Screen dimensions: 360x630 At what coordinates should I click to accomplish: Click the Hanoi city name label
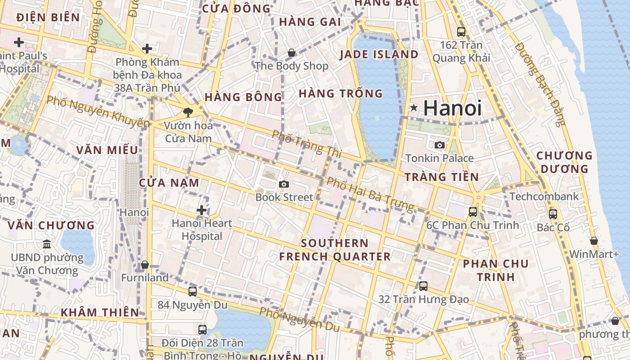[x=452, y=108]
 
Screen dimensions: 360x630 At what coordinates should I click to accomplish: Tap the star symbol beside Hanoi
[x=414, y=108]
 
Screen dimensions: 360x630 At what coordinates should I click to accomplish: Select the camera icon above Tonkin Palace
[x=440, y=145]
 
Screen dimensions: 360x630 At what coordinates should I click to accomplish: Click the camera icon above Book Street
[x=284, y=184]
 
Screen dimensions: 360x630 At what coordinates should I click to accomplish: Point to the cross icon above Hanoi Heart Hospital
[x=202, y=210]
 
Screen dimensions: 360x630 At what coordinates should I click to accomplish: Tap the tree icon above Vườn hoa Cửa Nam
[x=188, y=112]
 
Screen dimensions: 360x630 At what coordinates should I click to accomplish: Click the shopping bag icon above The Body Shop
[x=292, y=53]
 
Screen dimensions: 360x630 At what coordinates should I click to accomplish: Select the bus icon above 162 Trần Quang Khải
[x=461, y=31]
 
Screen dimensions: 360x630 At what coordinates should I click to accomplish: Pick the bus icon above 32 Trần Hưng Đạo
[x=423, y=286]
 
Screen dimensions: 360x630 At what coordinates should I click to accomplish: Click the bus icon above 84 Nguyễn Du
[x=193, y=291]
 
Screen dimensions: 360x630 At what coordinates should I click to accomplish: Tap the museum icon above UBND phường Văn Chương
[x=47, y=244]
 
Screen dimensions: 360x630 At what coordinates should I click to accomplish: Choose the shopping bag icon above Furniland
[x=145, y=265]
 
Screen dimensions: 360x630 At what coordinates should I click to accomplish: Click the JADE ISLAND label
[x=379, y=54]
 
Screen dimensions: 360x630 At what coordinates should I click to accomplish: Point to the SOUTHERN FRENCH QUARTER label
[x=335, y=250]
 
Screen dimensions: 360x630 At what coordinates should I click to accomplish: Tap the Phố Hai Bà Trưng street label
[x=370, y=194]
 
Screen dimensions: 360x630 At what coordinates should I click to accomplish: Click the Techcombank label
[x=544, y=196]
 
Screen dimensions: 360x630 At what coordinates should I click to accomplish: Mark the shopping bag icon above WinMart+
[x=594, y=241]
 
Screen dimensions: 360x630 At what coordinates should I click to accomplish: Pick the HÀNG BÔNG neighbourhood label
[x=243, y=97]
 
